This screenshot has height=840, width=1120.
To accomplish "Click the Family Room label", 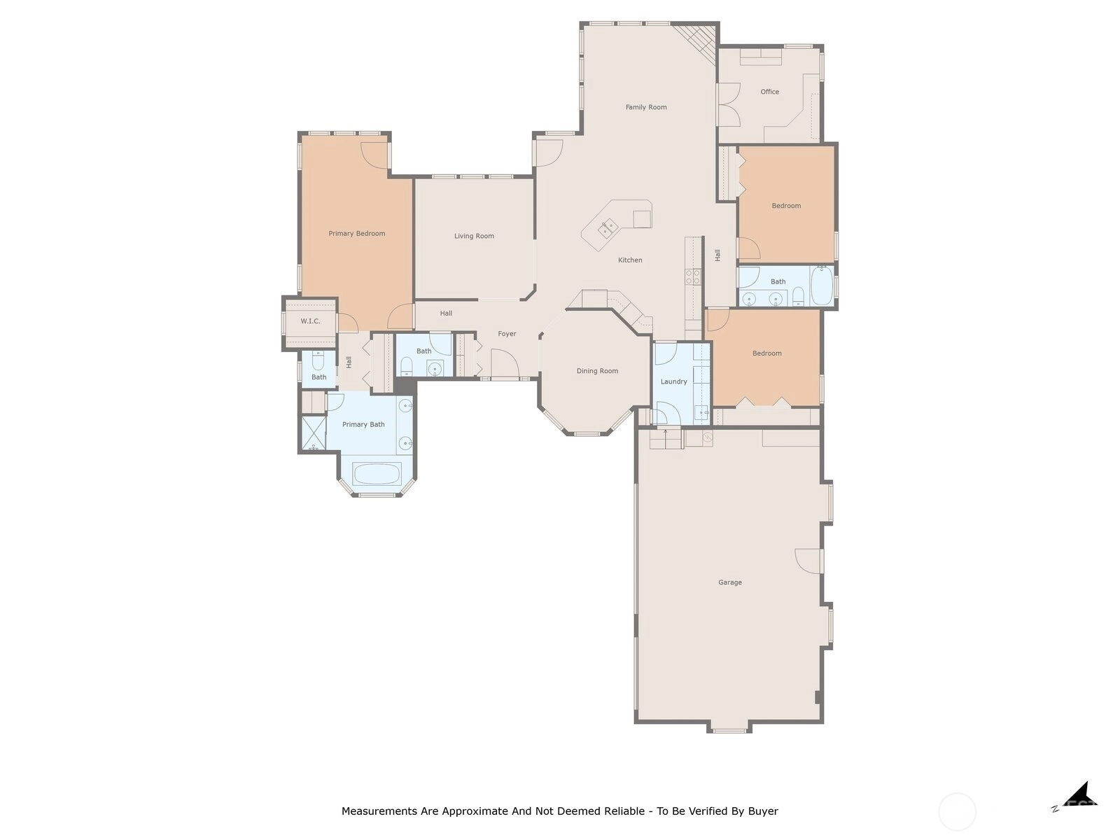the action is tap(645, 107).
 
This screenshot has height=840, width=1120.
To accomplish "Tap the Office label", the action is tap(769, 92).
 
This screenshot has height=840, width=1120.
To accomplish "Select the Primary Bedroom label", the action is tap(357, 234).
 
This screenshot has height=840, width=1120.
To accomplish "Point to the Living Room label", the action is tap(474, 236).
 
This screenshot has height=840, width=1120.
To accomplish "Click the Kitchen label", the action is tap(629, 260).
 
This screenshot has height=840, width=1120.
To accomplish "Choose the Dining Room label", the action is tap(597, 371).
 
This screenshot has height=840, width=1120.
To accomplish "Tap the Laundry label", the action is tap(673, 381).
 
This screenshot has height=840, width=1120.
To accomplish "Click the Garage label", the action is tap(729, 582).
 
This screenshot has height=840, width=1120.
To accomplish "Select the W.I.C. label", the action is tap(310, 321).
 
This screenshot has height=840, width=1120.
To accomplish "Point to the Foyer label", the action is tap(507, 334).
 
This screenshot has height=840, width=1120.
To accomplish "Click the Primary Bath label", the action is tap(363, 424).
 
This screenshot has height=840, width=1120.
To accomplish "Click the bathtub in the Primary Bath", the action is tap(377, 473).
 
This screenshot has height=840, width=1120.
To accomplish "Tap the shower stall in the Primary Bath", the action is tap(314, 433).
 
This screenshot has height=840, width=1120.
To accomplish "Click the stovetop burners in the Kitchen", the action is tap(692, 277).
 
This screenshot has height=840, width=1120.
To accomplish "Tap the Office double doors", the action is tap(729, 104).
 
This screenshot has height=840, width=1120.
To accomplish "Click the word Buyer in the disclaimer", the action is tap(763, 811).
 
